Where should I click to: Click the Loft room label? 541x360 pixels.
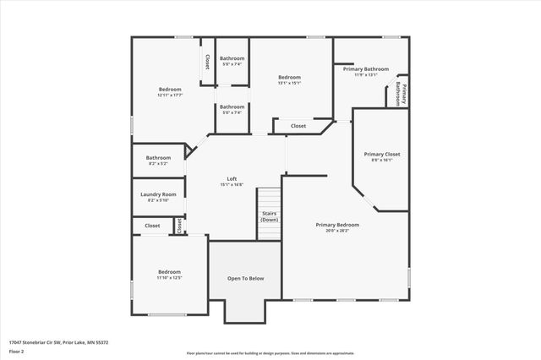pos(232,178)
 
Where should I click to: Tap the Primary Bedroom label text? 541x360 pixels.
pos(337,225)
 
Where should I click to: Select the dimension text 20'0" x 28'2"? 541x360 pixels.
pos(337,231)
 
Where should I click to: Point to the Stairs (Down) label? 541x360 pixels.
pos(270,216)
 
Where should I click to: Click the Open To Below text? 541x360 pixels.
pos(245,278)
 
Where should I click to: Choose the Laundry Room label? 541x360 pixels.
pos(158,194)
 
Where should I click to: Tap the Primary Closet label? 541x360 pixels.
pos(381,154)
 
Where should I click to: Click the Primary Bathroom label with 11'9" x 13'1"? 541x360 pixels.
pos(371,68)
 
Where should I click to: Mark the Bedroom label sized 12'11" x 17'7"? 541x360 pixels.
pos(170,89)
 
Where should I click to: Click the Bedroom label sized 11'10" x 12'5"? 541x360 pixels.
pos(169,271)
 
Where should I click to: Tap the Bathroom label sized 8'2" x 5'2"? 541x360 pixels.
pos(158,157)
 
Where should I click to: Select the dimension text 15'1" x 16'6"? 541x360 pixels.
pos(232,184)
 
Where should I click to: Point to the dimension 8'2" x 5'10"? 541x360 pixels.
pos(158,200)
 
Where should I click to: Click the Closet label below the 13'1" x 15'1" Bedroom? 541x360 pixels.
pos(298,126)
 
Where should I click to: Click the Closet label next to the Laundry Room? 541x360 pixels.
pos(152,226)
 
